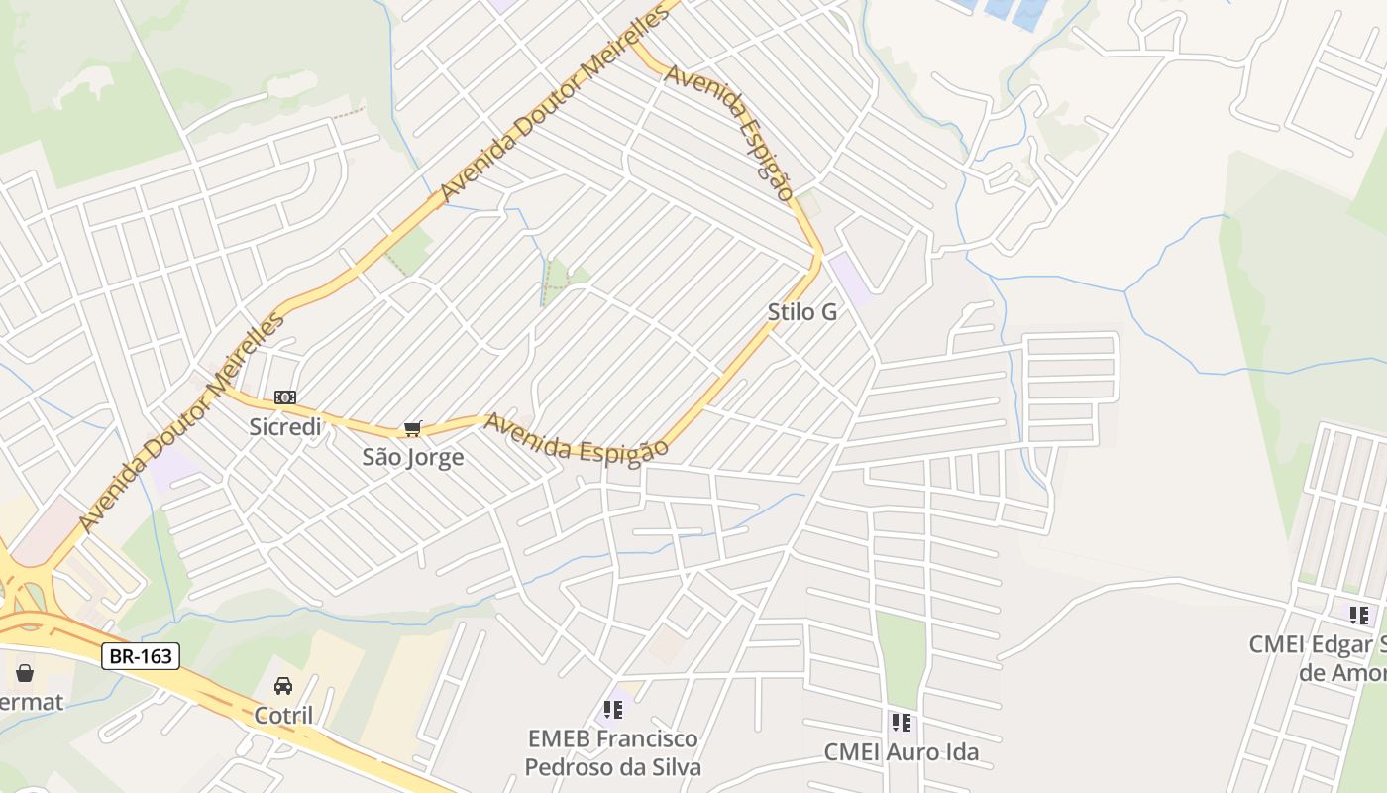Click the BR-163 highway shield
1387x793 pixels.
(x=140, y=655)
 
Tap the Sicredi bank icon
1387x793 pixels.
(x=285, y=397)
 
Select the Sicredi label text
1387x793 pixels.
(x=285, y=427)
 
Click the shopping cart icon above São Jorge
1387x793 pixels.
(x=412, y=428)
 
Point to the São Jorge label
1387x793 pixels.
(x=412, y=457)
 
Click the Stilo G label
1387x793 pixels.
(x=802, y=312)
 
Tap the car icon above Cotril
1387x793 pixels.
(x=283, y=686)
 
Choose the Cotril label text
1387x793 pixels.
(x=283, y=715)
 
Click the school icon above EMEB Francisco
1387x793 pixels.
(x=613, y=710)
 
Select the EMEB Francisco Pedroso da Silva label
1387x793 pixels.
(x=613, y=752)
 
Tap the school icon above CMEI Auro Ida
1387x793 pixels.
(x=901, y=722)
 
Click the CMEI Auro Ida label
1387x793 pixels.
(x=902, y=752)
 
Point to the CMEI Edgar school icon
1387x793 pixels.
(x=1358, y=615)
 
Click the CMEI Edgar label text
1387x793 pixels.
(x=1318, y=658)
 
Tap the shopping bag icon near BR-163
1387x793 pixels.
(x=25, y=673)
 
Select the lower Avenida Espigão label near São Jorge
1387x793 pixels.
(x=576, y=437)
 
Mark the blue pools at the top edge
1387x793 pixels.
(x=1006, y=10)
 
